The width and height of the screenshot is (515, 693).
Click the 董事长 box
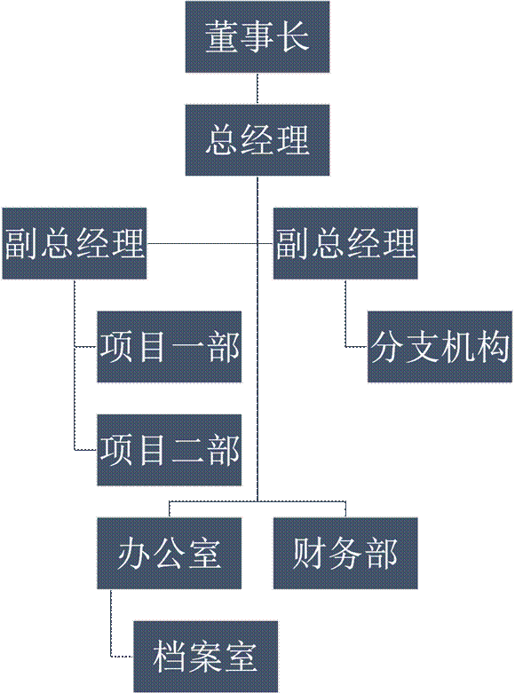click(x=257, y=36)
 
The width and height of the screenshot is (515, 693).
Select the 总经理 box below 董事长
click(x=257, y=139)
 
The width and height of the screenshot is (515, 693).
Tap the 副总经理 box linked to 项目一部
click(x=75, y=243)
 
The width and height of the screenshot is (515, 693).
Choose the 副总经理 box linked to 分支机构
click(x=345, y=243)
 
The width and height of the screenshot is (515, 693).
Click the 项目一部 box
click(x=170, y=346)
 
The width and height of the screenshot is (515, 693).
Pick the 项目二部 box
click(x=170, y=450)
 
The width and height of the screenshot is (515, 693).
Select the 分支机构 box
click(x=440, y=346)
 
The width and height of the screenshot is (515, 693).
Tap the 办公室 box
click(x=170, y=553)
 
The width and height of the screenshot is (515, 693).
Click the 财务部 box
click(x=345, y=553)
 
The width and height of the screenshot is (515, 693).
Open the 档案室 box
click(x=206, y=657)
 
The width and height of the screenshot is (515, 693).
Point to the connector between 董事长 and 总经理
click(x=257, y=89)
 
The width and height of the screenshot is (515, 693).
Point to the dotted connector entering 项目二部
click(x=75, y=398)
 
